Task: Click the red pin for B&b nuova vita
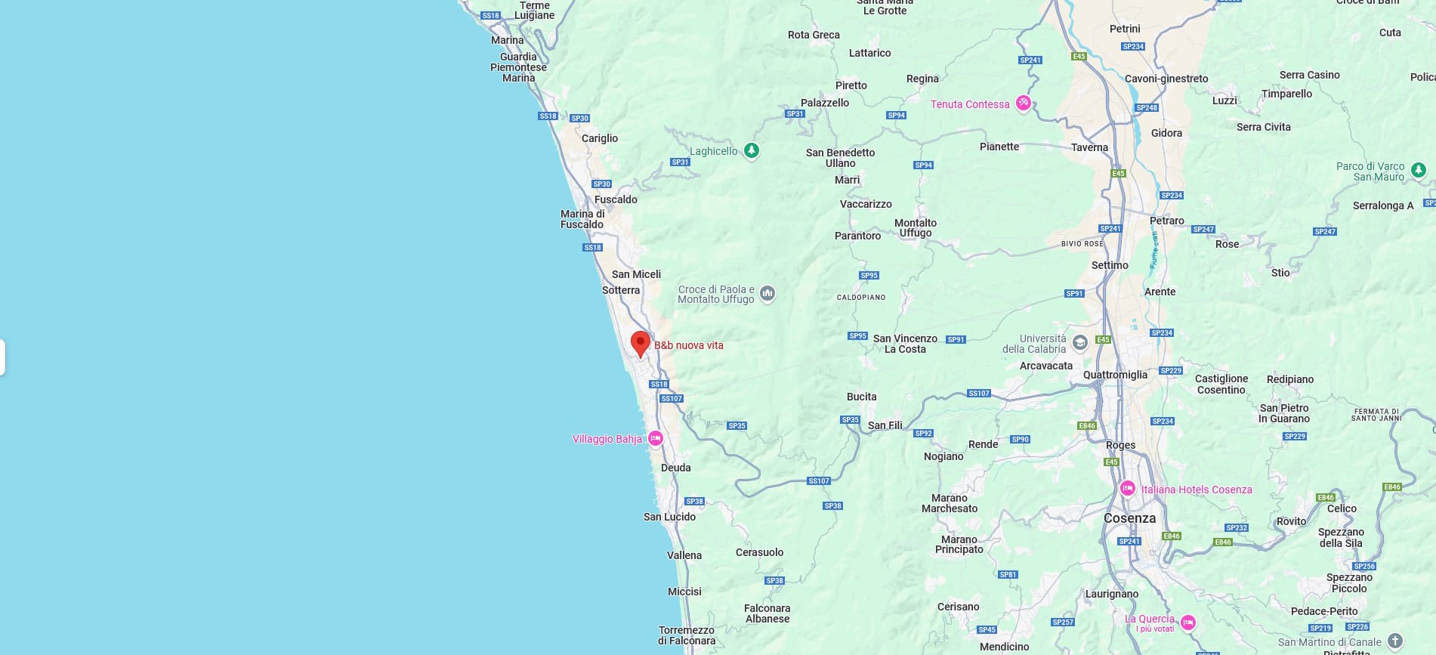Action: tap(641, 342)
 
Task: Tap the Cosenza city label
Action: tap(1129, 518)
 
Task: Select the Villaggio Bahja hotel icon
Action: tap(656, 438)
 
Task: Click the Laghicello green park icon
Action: tap(751, 150)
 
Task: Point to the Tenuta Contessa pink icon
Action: tap(1023, 104)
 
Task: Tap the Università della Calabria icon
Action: tap(1080, 343)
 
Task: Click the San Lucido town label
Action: tap(669, 517)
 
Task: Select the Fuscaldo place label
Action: tap(616, 199)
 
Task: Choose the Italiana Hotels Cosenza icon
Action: tap(1128, 489)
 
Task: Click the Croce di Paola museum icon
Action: tap(767, 293)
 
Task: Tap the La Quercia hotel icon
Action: tap(1188, 623)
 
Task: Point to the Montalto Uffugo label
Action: tap(916, 227)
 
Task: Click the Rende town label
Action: tap(983, 444)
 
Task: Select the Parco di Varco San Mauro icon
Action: tap(1419, 170)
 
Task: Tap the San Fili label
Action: tap(885, 425)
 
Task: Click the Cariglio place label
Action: tap(600, 138)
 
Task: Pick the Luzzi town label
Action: tap(1224, 100)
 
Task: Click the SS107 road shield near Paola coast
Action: tap(671, 398)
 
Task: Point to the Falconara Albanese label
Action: tap(767, 613)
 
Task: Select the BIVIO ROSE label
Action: tap(1082, 244)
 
